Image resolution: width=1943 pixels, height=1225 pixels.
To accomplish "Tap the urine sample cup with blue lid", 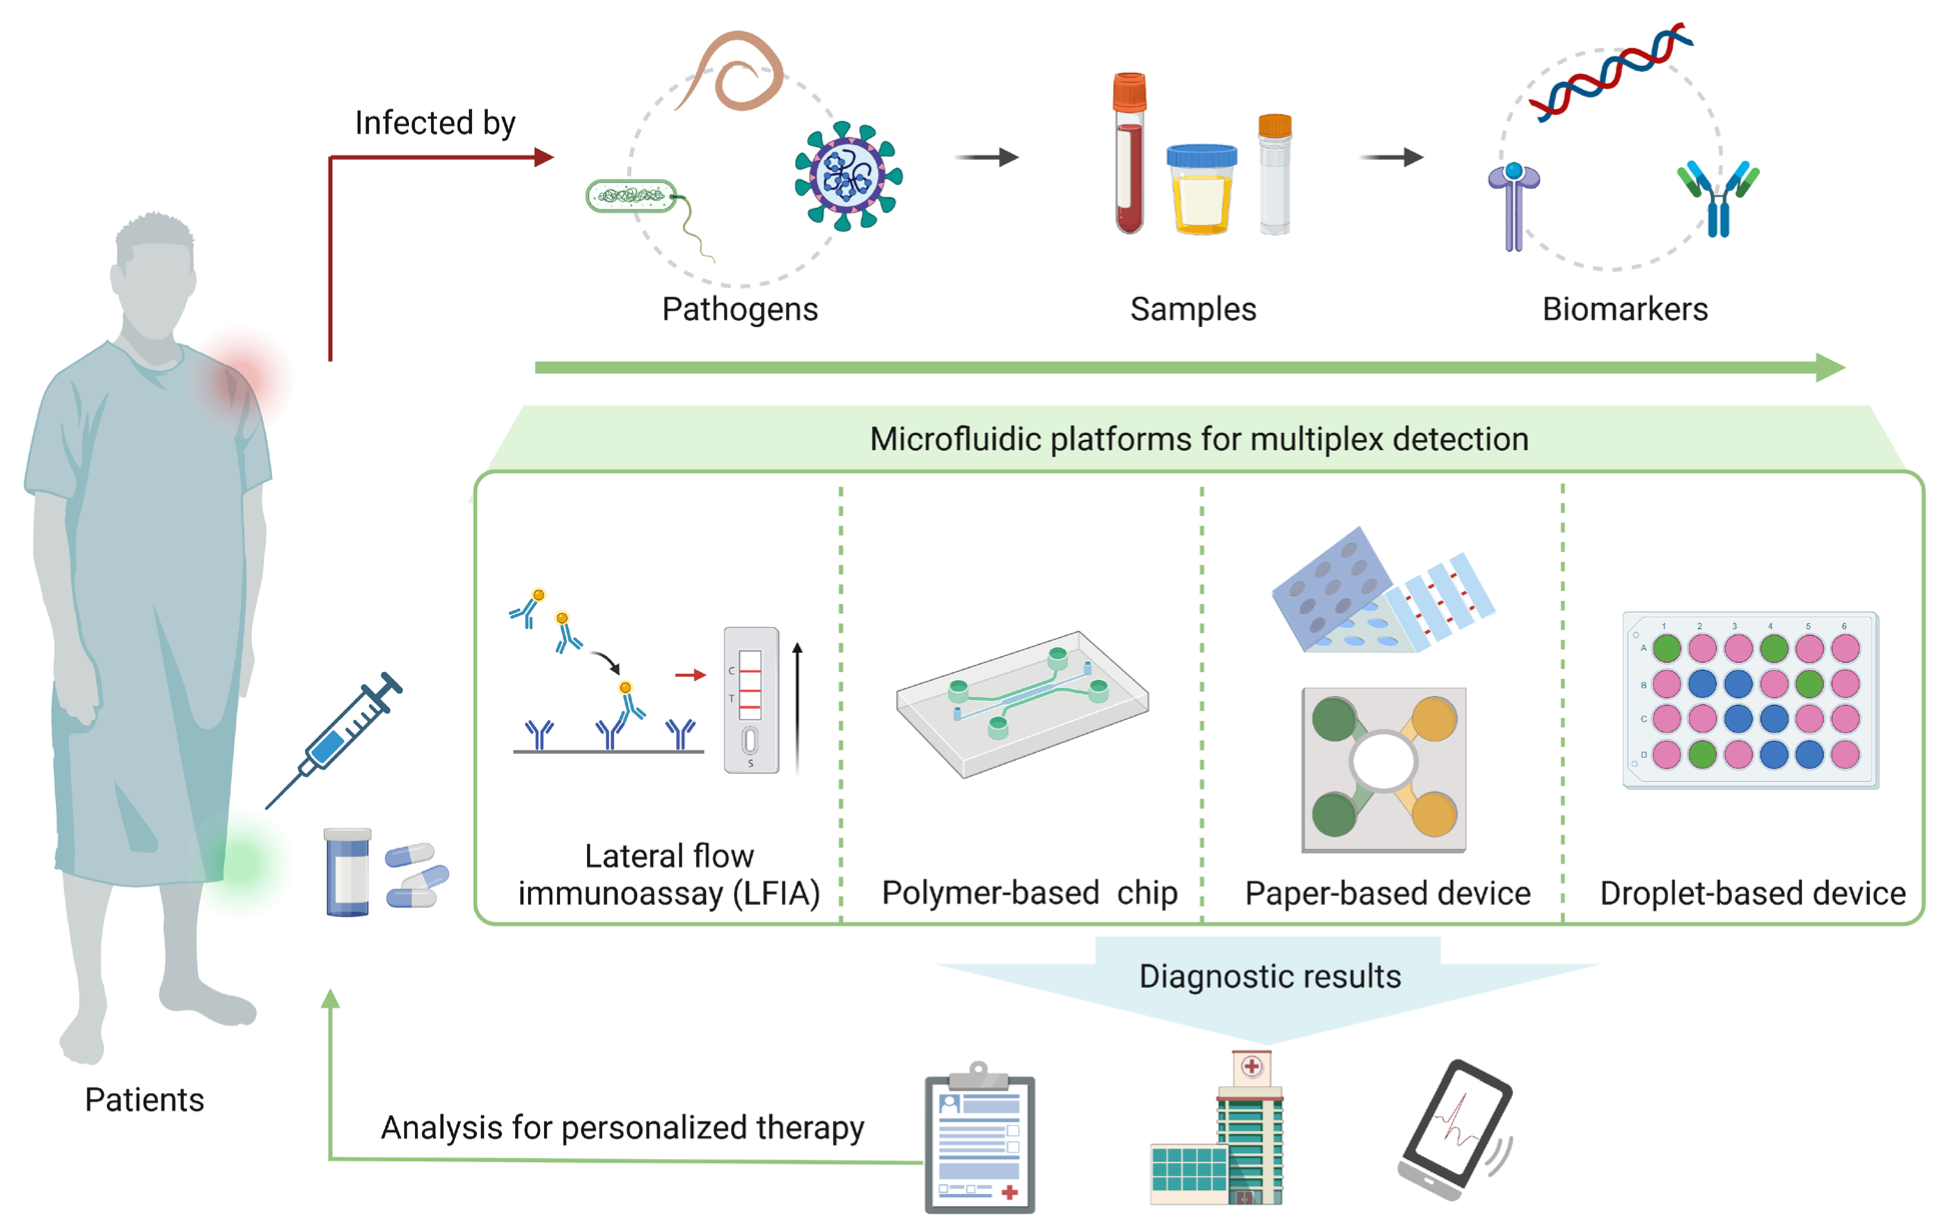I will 1202,191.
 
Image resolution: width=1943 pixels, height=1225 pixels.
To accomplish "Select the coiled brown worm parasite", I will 738,73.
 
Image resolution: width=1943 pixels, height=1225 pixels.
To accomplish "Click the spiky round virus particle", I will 847,177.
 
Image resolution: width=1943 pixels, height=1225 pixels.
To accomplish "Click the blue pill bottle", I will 348,872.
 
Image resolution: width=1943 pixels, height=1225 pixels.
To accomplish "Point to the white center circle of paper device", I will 1383,761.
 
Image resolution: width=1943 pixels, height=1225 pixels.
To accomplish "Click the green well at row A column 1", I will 1666,647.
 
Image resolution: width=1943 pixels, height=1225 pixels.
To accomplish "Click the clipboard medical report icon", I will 980,1142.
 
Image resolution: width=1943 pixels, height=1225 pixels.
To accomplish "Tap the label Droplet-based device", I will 1752,893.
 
